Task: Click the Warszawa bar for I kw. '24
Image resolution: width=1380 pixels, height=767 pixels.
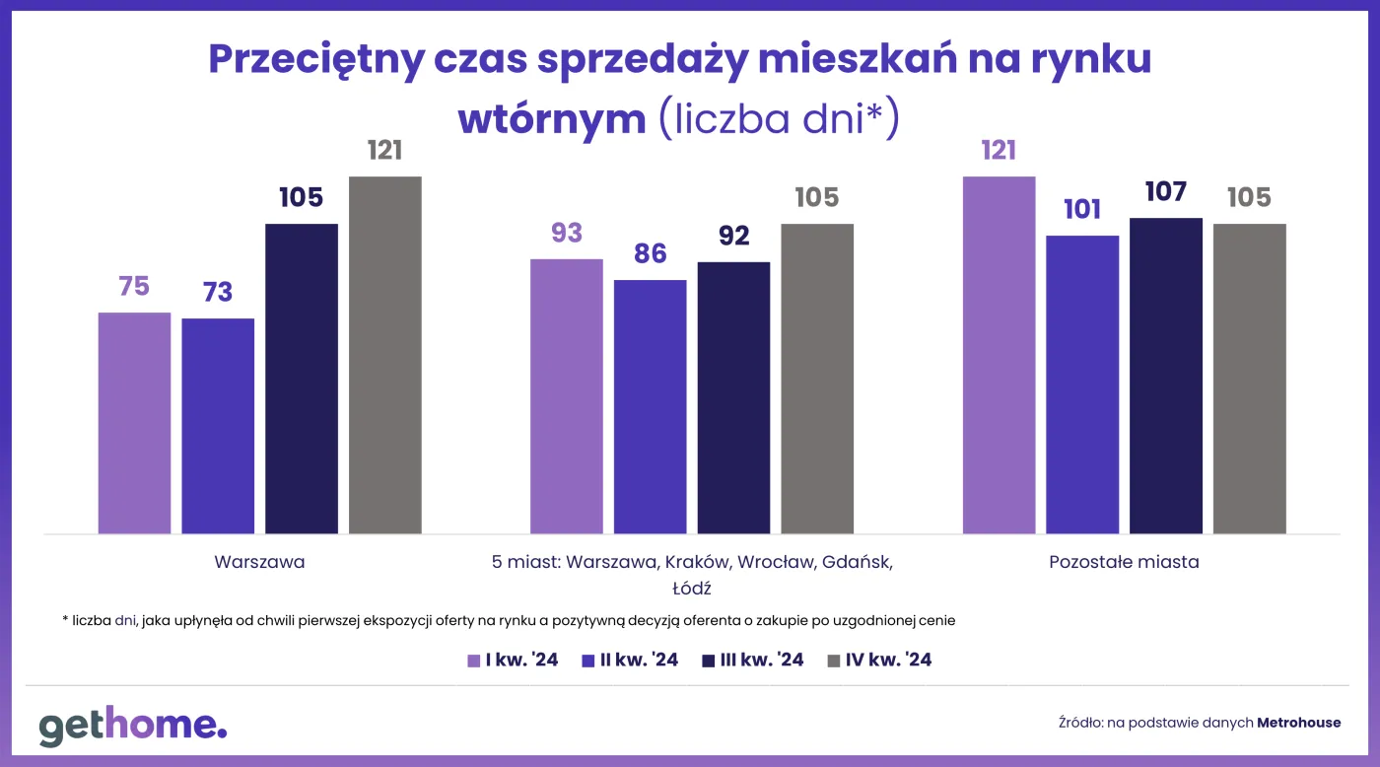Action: [134, 423]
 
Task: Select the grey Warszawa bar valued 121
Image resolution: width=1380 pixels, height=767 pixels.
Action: [384, 355]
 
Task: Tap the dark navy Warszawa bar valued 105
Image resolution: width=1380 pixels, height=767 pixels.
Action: [301, 379]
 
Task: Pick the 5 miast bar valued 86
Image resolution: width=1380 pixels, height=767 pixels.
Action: [650, 406]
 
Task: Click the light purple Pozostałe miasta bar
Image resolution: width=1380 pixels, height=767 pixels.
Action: [999, 355]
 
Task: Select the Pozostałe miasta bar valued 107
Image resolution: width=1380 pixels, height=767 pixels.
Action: [1165, 376]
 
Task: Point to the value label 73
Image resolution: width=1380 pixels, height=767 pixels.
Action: [218, 292]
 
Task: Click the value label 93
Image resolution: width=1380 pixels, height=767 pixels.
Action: [567, 233]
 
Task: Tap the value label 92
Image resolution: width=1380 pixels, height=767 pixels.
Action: [733, 236]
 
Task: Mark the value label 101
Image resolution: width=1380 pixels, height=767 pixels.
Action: [1082, 209]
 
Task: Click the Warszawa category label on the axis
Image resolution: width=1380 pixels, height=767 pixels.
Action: [259, 563]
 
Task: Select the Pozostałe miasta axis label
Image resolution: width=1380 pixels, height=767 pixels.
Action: [1124, 563]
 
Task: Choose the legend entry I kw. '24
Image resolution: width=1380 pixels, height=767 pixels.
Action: [513, 660]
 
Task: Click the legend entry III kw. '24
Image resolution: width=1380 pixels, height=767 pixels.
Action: [753, 660]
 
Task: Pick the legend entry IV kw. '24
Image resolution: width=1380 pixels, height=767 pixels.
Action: [879, 660]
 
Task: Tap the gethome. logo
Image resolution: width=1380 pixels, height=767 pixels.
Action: [133, 725]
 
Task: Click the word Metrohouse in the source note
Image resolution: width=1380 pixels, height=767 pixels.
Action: [1298, 723]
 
